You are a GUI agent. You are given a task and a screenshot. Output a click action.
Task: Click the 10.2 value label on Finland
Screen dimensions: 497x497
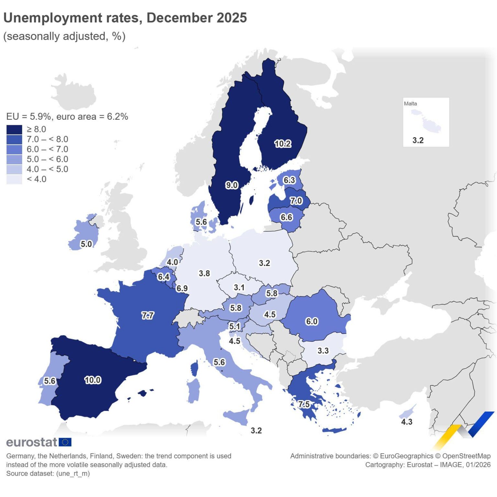(x=282, y=144)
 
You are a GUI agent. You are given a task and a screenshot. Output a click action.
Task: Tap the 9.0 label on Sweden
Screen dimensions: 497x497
(x=232, y=185)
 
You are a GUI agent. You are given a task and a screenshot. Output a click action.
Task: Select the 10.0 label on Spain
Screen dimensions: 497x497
(x=93, y=380)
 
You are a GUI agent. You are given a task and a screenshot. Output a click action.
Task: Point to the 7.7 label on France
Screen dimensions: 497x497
(x=148, y=315)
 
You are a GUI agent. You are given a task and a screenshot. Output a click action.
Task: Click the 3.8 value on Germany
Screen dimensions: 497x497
(x=204, y=273)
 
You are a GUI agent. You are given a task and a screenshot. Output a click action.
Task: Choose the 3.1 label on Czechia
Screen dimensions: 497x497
(x=239, y=287)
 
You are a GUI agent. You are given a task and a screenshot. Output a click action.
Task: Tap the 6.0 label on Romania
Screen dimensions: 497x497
(x=312, y=321)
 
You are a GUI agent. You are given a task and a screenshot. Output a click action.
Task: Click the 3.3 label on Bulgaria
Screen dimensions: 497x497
(x=323, y=351)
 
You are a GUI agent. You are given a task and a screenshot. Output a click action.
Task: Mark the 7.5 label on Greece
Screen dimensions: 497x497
(x=304, y=404)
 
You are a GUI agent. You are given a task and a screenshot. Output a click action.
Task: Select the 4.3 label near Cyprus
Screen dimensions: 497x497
(x=407, y=422)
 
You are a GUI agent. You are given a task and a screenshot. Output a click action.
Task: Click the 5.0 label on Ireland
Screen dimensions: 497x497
(x=86, y=244)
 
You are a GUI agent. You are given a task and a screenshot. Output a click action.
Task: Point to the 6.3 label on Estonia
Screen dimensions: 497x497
(x=289, y=180)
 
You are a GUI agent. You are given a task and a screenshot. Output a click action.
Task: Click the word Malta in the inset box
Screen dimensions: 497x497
(x=410, y=104)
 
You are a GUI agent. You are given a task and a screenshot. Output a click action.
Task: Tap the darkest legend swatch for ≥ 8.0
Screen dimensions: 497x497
(x=14, y=129)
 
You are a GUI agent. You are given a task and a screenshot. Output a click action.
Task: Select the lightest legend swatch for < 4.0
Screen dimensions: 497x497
(x=14, y=179)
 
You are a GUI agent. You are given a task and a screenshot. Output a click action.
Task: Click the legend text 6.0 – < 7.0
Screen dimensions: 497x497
(x=47, y=149)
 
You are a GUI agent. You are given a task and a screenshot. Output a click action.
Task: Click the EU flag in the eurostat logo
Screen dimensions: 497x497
(x=65, y=442)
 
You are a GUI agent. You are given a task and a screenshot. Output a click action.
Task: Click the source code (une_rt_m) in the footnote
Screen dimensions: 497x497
(x=73, y=473)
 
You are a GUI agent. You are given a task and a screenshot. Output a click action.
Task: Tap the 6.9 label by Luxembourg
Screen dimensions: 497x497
(x=182, y=288)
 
